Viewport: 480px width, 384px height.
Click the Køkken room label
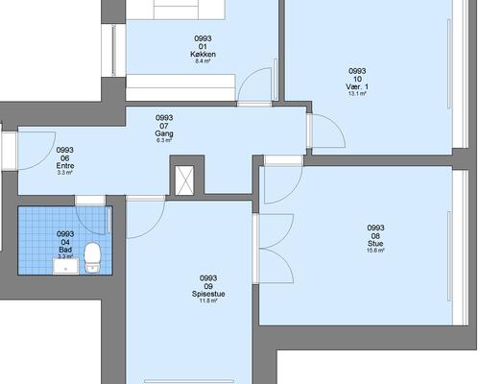203,54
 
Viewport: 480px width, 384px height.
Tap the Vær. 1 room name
357,86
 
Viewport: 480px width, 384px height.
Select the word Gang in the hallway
164,133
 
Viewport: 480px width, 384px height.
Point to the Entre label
65,166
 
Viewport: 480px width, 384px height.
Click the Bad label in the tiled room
65,250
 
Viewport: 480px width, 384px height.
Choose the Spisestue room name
208,294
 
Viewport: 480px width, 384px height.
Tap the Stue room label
375,244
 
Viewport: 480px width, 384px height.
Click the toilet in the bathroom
92,257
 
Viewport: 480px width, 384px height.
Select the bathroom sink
65,266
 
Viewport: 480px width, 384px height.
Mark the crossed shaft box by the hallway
184,180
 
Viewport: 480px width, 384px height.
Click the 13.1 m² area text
357,94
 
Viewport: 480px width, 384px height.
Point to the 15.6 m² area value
375,251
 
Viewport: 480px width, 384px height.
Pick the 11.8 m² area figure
208,300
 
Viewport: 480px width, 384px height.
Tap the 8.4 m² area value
203,61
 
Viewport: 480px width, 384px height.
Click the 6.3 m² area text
164,140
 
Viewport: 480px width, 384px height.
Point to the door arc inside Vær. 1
336,124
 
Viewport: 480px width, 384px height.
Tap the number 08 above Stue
375,236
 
